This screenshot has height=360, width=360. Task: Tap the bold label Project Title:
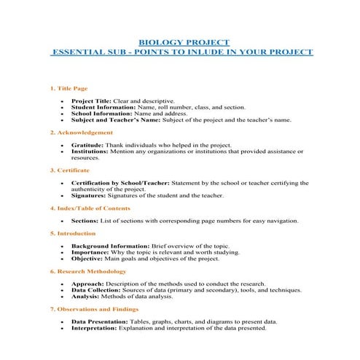(92, 101)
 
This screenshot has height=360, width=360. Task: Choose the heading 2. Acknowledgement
(81, 133)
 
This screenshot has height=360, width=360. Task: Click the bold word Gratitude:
(87, 145)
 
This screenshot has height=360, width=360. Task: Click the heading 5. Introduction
(72, 233)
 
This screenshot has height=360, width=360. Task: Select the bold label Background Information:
(106, 246)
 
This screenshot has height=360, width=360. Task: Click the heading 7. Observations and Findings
(94, 309)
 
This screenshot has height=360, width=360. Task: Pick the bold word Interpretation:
(94, 328)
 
